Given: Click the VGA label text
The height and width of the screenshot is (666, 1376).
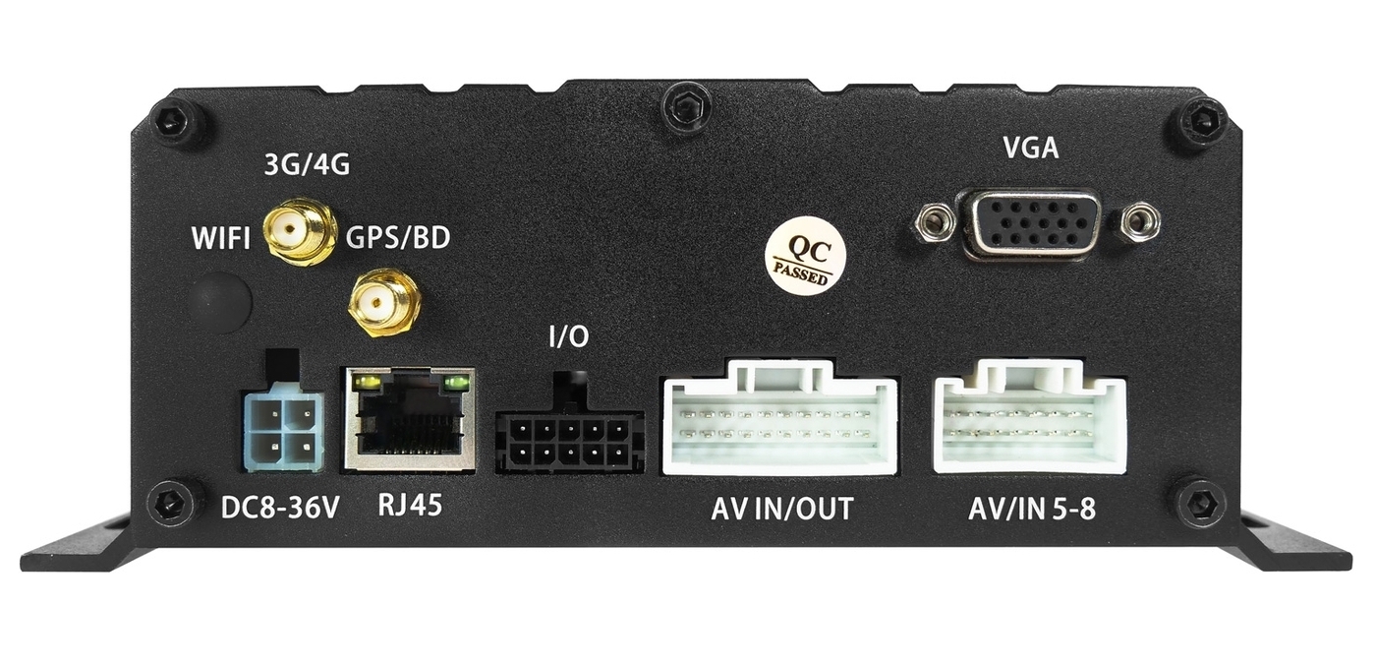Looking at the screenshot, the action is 1031,148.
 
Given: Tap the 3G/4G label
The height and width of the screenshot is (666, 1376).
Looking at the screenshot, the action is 307,164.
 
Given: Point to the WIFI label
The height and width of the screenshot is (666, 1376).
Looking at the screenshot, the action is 221,238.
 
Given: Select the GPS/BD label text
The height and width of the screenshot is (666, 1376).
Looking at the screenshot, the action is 398,237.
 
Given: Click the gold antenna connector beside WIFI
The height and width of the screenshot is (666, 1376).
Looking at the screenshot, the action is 300,231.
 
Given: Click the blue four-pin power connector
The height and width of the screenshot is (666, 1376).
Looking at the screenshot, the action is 284,423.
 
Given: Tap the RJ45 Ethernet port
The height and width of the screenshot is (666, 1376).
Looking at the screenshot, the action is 410,419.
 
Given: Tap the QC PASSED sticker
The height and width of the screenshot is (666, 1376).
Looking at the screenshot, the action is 805,258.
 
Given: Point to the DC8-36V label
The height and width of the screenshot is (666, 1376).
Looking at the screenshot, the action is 279,509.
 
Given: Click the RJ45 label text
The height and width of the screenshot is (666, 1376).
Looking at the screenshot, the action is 410,505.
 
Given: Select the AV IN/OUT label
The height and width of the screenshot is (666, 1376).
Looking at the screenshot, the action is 782,510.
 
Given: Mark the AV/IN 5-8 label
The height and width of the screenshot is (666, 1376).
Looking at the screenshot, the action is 1032,510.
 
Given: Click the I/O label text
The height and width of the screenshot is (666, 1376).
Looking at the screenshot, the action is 568,337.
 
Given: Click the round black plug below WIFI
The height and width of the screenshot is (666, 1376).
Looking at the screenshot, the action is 221,301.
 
